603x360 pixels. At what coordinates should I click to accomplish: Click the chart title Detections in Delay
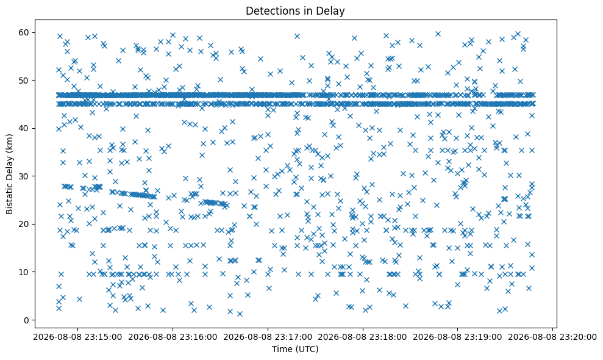(x=295, y=11)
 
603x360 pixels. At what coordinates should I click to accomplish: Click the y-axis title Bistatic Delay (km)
(x=10, y=174)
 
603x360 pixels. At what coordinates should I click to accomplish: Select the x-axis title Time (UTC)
(x=295, y=349)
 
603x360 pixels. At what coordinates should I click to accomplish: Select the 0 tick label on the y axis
(x=27, y=320)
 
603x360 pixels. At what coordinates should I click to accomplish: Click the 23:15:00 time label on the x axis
(x=77, y=337)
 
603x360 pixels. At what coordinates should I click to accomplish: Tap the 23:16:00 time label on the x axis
(x=173, y=337)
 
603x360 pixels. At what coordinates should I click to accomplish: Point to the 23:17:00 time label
(x=268, y=337)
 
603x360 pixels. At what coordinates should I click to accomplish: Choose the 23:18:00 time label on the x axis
(x=363, y=337)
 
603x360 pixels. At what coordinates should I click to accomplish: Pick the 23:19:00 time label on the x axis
(x=458, y=337)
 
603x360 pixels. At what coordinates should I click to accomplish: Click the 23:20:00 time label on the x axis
(x=552, y=337)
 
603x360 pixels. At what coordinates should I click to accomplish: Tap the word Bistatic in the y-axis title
(x=10, y=199)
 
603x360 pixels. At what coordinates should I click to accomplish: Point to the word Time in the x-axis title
(x=282, y=349)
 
